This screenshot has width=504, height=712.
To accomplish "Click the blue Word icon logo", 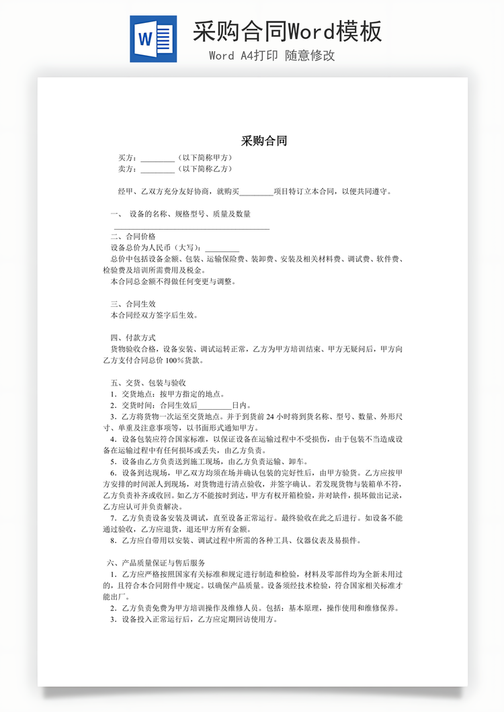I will [153, 39].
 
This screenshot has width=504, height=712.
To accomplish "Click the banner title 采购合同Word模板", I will [288, 31].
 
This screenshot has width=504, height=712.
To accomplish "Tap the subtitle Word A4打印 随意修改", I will [271, 56].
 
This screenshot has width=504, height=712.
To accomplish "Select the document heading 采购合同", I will [264, 141].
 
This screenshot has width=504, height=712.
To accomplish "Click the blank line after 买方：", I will [157, 159].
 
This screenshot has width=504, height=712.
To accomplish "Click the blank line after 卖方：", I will [157, 169].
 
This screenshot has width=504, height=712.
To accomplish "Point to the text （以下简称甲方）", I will [205, 158].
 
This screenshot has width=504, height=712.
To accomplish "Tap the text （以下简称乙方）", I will [205, 169].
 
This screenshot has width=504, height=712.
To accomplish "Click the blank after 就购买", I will [256, 192].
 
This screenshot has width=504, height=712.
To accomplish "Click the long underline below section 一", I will [192, 228].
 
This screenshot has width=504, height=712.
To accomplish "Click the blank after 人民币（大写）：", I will [222, 248].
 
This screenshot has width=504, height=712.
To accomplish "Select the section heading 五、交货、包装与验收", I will [148, 383].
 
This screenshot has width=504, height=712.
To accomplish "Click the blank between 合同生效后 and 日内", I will [214, 406].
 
